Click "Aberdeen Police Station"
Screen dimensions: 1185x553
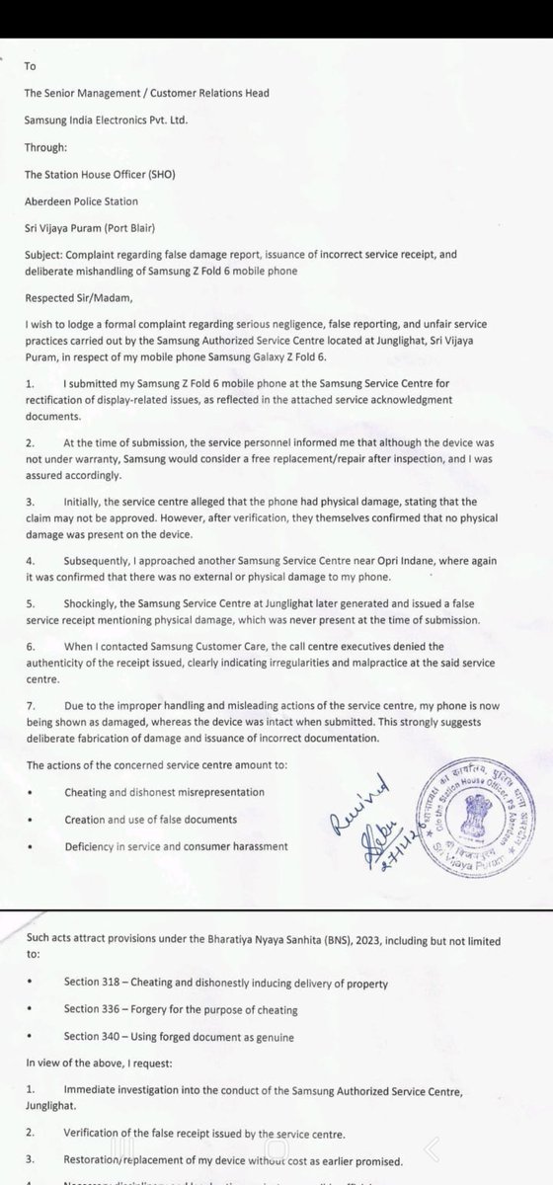[93, 195]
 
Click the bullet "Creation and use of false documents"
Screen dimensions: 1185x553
[164, 821]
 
